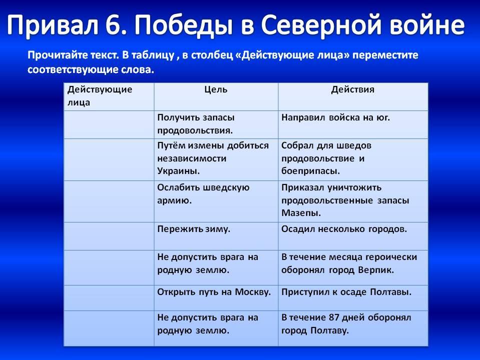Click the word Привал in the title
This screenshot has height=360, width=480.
[x=53, y=25]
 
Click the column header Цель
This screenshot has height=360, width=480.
[x=216, y=90]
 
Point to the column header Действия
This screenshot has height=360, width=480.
[x=353, y=89]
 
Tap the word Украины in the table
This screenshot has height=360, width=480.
[x=179, y=171]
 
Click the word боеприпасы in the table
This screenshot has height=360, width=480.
[x=310, y=171]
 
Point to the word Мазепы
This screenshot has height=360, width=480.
[x=301, y=213]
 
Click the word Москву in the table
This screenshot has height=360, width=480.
[x=253, y=292]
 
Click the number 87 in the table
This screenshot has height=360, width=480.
[x=333, y=317]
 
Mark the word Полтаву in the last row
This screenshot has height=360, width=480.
[x=330, y=330]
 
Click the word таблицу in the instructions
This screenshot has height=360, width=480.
[x=153, y=55]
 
